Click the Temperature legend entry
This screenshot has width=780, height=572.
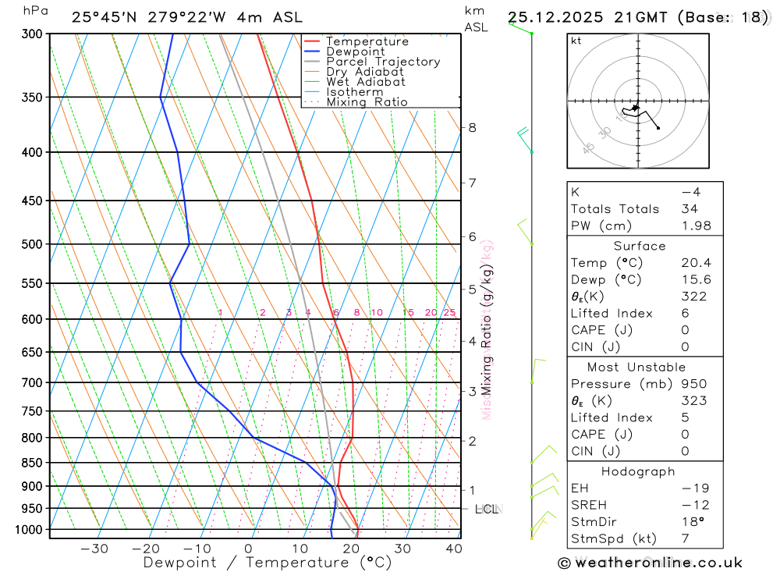pyautogui.click(x=367, y=41)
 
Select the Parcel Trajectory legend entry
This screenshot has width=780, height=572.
pyautogui.click(x=383, y=62)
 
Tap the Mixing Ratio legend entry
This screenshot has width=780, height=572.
pyautogui.click(x=367, y=102)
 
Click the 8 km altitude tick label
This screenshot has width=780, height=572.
pyautogui.click(x=472, y=127)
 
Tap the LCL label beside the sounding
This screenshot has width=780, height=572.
pyautogui.click(x=486, y=510)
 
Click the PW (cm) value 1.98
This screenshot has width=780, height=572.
pyautogui.click(x=696, y=226)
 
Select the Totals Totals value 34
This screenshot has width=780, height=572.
pyautogui.click(x=689, y=208)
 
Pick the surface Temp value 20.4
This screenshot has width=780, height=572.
pyautogui.click(x=696, y=263)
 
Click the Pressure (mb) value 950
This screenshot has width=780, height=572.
pyautogui.click(x=693, y=384)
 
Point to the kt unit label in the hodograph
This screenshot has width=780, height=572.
pyautogui.click(x=576, y=41)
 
